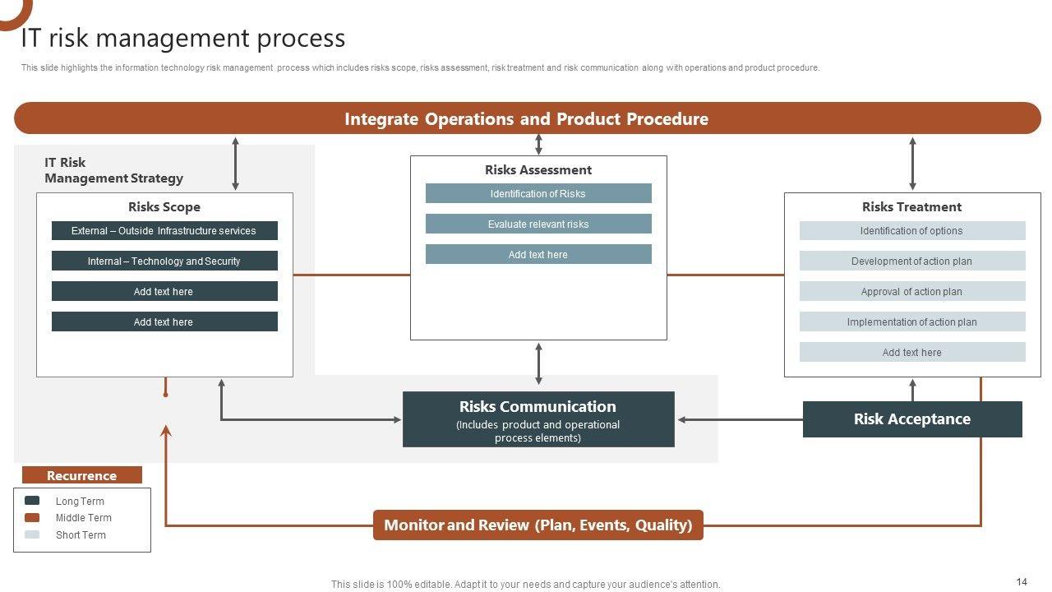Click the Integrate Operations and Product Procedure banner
[x=528, y=118]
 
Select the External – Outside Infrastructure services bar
[x=164, y=231]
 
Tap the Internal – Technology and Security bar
[x=164, y=261]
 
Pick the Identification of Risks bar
[x=538, y=193]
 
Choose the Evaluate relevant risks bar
[x=538, y=224]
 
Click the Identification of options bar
[x=912, y=231]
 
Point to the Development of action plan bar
[x=912, y=261]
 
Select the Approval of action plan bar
[x=912, y=291]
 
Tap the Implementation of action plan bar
[x=912, y=321]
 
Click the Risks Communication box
[x=538, y=419]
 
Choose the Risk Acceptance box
[x=912, y=419]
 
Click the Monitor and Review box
[x=538, y=525]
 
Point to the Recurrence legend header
[x=81, y=475]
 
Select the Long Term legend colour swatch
[x=32, y=501]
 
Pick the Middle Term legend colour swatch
[x=32, y=517]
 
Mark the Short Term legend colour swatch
[x=32, y=534]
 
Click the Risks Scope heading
[x=164, y=206]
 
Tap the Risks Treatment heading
[x=911, y=206]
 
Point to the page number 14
[x=1022, y=581]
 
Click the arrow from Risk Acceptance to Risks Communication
[x=741, y=419]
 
